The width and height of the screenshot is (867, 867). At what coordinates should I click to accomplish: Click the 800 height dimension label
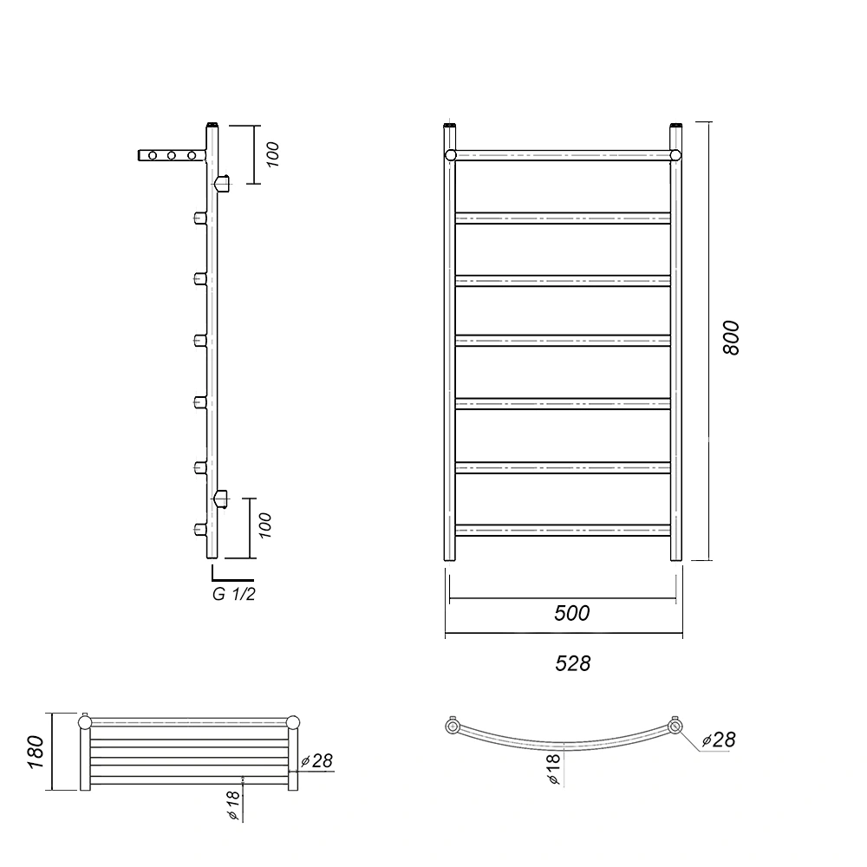pyautogui.click(x=731, y=338)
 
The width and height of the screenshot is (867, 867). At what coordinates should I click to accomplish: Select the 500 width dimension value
pyautogui.click(x=571, y=613)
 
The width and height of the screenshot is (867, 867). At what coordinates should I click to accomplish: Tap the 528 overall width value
pyautogui.click(x=573, y=663)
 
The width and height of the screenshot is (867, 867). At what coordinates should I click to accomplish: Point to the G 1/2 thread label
pyautogui.click(x=234, y=595)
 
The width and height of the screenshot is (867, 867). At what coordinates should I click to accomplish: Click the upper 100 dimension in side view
pyautogui.click(x=272, y=154)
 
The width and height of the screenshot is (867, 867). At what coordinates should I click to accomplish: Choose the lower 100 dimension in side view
pyautogui.click(x=264, y=525)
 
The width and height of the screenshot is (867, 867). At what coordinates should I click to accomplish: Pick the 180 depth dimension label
pyautogui.click(x=36, y=752)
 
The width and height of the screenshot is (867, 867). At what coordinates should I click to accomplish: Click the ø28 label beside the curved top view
pyautogui.click(x=718, y=740)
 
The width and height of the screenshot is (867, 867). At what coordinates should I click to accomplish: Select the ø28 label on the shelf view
pyautogui.click(x=316, y=761)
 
